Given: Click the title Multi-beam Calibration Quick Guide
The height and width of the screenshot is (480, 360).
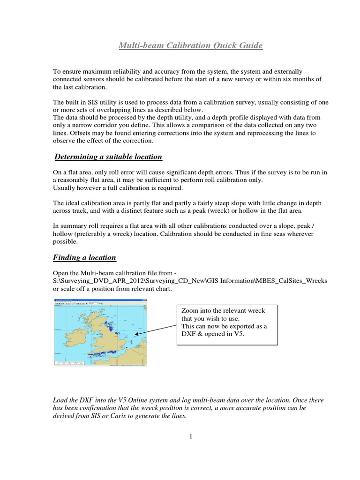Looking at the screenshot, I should coord(190,45).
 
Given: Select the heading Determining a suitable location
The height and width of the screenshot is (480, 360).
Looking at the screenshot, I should coord(108,156).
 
